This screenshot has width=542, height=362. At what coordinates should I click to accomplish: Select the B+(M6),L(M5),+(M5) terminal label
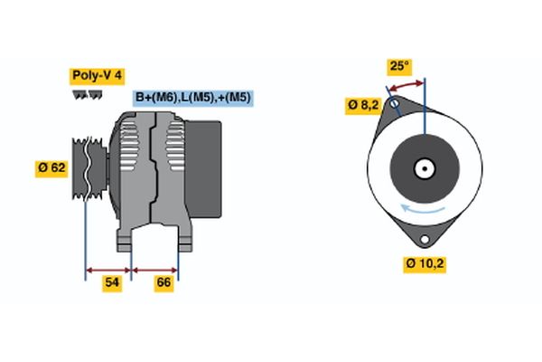tap(192, 98)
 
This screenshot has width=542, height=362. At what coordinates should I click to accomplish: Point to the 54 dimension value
tap(111, 283)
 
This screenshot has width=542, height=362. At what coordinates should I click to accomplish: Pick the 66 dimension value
tap(163, 283)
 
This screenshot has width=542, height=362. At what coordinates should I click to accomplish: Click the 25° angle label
tap(398, 66)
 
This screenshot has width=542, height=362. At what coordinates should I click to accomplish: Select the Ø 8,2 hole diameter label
tap(363, 105)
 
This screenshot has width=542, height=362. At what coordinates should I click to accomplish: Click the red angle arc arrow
tap(406, 84)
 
